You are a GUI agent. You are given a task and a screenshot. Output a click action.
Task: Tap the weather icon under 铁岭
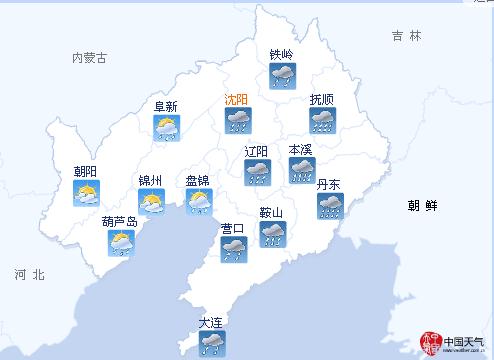click(x=283, y=75)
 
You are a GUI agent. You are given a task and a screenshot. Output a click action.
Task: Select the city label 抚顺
click(x=322, y=100)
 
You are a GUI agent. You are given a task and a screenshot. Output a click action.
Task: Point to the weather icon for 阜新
click(x=165, y=127)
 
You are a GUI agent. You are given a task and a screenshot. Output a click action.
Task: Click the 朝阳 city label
click(x=86, y=171)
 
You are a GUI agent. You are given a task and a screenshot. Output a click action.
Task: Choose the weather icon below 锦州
click(x=151, y=203)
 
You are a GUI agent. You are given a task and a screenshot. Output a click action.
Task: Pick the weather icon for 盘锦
click(x=198, y=203)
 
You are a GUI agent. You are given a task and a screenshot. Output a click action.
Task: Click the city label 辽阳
click(x=257, y=152)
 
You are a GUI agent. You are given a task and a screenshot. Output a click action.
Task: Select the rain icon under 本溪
click(x=301, y=171)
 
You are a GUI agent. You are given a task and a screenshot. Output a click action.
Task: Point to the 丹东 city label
click(x=329, y=185)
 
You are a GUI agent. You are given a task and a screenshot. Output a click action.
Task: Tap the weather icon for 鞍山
click(x=271, y=234)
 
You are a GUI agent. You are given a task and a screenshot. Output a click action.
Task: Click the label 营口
click(x=233, y=228)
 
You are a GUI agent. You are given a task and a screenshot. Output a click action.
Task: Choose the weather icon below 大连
click(x=211, y=343)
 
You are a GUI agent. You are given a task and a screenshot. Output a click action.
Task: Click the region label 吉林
click(x=407, y=36)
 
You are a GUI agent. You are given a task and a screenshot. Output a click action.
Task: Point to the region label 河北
click(x=30, y=274)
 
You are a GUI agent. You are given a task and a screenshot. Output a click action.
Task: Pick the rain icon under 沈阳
click(x=238, y=122)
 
